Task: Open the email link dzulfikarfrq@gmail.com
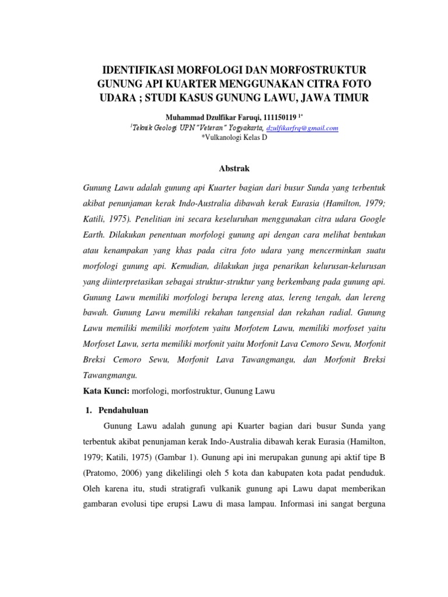(302, 128)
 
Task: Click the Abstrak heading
(233, 168)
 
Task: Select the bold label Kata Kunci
(104, 391)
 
